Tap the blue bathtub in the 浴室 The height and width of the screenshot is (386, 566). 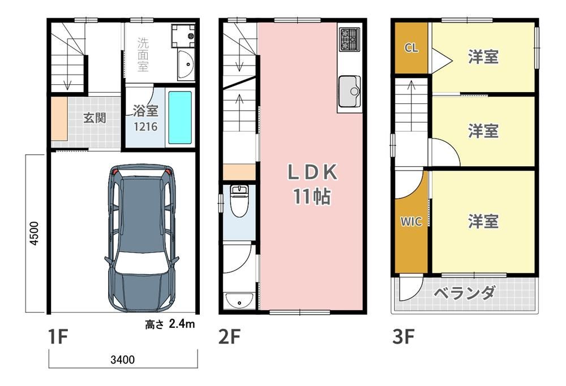(x=180, y=117)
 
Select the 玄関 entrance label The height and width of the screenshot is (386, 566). (x=95, y=118)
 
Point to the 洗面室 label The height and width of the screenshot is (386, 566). (x=143, y=54)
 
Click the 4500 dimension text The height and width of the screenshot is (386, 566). (x=34, y=233)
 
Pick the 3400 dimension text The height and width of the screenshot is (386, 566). (x=123, y=359)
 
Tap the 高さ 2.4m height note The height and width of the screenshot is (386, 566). (x=170, y=324)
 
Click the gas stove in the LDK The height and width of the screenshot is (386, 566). (x=349, y=40)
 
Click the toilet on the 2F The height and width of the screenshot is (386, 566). (x=239, y=201)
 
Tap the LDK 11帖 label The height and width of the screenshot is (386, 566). (x=312, y=184)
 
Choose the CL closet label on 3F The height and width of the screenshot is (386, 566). (x=411, y=47)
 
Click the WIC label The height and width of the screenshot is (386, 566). (x=411, y=222)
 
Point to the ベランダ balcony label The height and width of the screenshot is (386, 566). (x=465, y=293)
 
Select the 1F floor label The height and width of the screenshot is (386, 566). (x=58, y=337)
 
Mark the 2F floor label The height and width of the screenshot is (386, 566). (x=229, y=337)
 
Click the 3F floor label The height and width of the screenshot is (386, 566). (x=403, y=337)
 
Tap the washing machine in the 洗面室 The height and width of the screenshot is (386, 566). (x=183, y=36)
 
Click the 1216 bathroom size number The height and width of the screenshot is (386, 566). (x=145, y=127)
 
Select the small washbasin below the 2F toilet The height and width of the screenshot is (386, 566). (x=239, y=301)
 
